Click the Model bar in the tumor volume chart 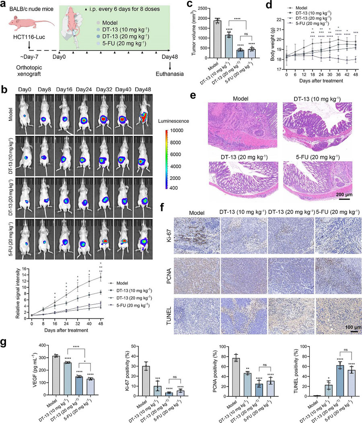pos(217,39)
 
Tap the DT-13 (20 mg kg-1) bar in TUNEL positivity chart pos(339,381)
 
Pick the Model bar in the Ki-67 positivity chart pos(146,381)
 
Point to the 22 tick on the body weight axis pos(279,20)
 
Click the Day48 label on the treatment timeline pos(170,57)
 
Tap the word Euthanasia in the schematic pos(170,74)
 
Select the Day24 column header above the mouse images pos(84,90)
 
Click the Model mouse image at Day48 pos(143,114)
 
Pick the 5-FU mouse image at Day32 pos(104,239)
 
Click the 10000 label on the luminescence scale pos(177,130)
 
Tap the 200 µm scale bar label pos(344,194)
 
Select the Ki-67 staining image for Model pos(197,235)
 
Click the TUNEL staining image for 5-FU pos(338,316)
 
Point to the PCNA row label pos(169,276)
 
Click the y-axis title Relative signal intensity pos(18,293)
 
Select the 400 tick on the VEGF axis pos(41,345)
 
